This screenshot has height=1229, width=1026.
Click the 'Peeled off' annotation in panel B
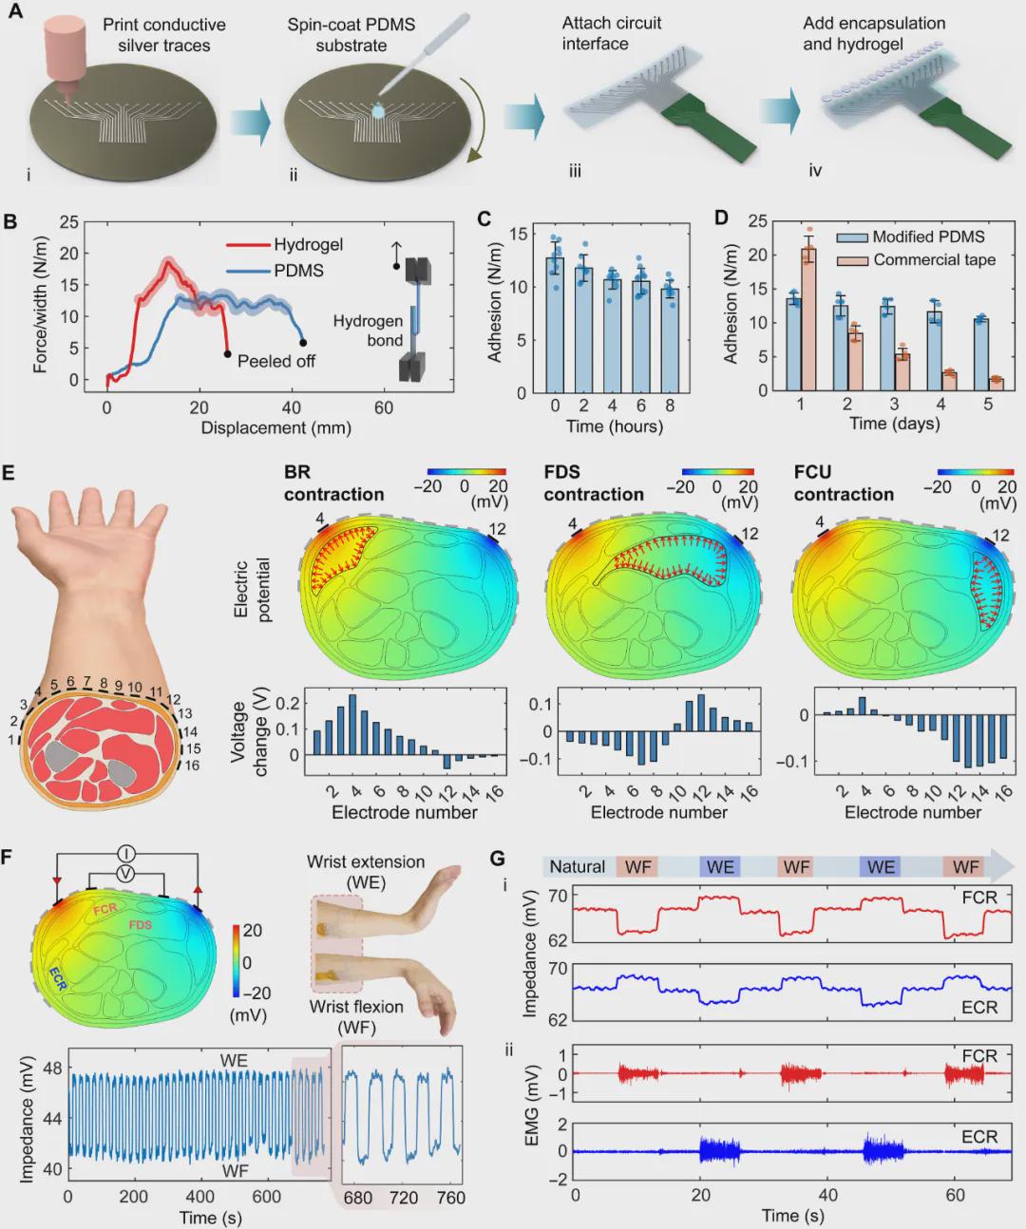[275, 361]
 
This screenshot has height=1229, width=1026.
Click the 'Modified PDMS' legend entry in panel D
[927, 236]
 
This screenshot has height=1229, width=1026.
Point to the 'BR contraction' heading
[333, 483]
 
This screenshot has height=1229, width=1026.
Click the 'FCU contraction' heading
[844, 483]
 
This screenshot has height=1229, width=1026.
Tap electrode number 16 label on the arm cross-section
[193, 765]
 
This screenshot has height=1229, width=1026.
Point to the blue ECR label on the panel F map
[58, 979]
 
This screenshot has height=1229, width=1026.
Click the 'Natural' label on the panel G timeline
[577, 866]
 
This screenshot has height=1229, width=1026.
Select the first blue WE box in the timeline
[719, 866]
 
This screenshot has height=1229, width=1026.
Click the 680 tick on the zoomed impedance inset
[358, 1198]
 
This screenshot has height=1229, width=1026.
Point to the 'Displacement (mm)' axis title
[275, 428]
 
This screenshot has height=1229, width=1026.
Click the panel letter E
[9, 473]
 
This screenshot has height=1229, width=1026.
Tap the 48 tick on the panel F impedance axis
[52, 1068]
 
